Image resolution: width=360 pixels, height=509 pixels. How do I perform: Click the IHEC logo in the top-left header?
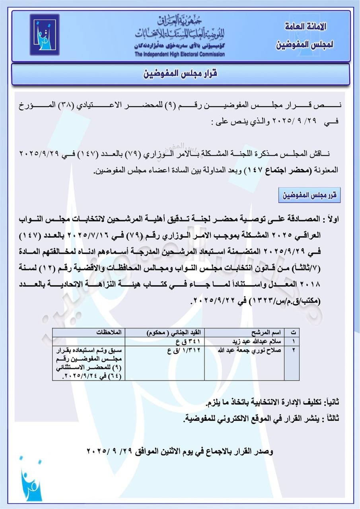(44, 35)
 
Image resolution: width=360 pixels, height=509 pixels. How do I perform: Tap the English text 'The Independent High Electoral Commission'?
(179, 54)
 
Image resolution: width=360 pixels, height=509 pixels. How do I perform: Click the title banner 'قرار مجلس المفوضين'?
(180, 74)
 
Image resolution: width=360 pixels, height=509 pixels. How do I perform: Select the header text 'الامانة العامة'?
(306, 27)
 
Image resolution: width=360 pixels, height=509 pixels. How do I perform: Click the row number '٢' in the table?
(293, 350)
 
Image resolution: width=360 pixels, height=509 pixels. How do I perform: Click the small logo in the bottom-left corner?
(30, 481)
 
